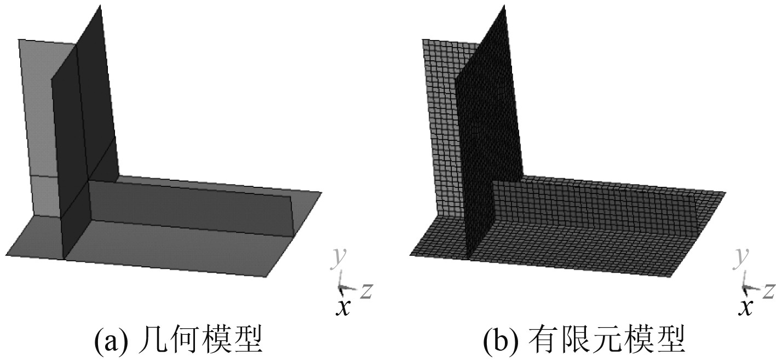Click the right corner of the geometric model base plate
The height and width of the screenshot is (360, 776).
pos(321,193)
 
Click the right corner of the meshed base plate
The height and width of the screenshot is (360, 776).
pos(725,193)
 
